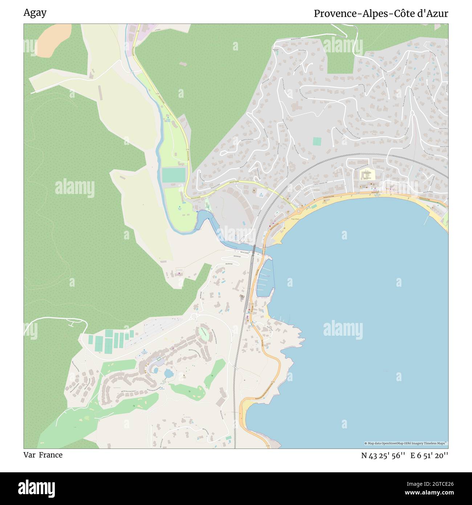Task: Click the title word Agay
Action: click(x=35, y=13)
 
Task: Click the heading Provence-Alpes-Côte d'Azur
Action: click(x=381, y=13)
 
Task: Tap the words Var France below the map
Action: click(x=43, y=455)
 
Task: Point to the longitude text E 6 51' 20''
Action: click(x=429, y=455)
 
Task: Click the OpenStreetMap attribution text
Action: click(x=406, y=443)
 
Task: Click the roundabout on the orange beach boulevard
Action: click(x=298, y=210)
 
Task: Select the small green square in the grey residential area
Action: click(x=317, y=141)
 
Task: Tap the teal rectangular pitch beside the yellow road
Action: click(x=174, y=175)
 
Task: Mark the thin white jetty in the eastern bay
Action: click(x=427, y=218)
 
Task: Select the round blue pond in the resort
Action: click(x=168, y=373)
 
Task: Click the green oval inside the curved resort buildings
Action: click(x=204, y=334)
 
